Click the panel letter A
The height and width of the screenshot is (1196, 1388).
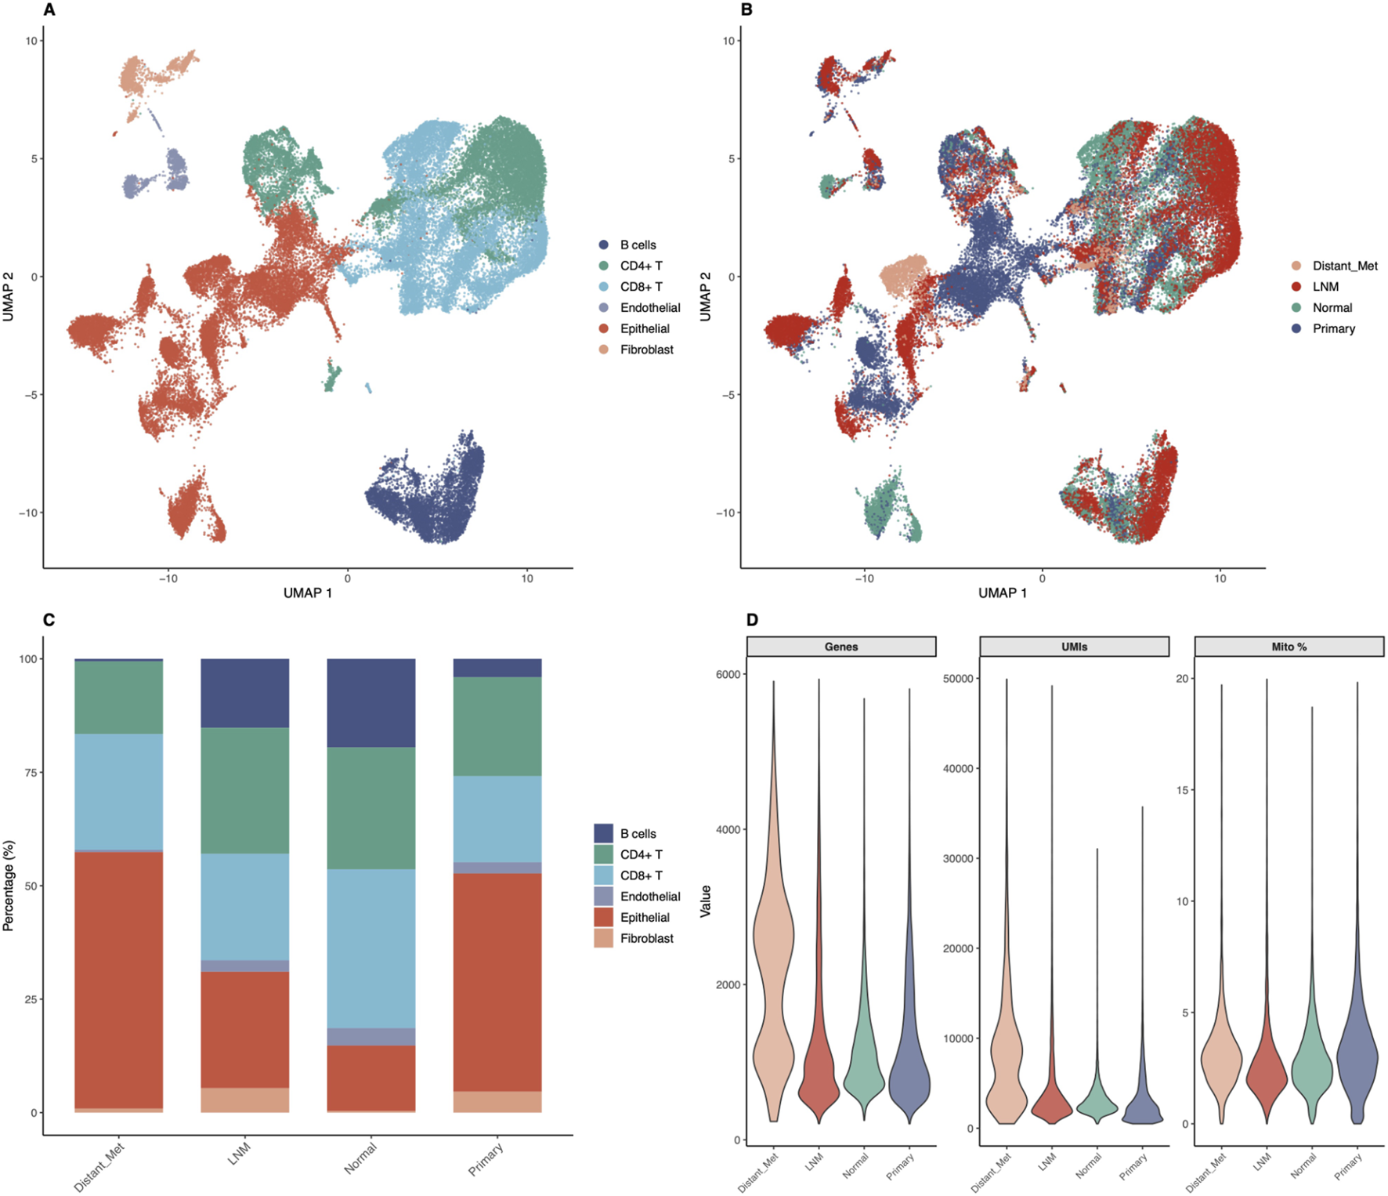49,10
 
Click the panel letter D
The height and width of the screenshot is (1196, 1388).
752,620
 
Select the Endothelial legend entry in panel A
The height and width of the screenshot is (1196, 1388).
649,308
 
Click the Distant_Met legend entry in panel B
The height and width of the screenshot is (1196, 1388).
1344,266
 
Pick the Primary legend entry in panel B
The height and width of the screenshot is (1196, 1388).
1333,328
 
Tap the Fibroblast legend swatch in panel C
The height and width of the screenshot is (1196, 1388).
603,938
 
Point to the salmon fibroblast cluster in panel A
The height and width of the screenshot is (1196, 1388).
149,74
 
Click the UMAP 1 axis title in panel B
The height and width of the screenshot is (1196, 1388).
1002,593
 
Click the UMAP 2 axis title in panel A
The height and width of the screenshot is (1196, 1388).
9,296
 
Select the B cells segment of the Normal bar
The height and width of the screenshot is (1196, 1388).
370,702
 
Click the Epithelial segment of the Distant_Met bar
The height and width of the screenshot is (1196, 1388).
118,980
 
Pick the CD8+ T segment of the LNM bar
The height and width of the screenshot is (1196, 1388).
244,907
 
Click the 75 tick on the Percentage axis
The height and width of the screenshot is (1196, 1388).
31,773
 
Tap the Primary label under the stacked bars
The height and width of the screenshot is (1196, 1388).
486,1159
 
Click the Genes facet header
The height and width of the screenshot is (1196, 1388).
840,647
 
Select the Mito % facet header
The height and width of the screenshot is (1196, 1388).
1289,647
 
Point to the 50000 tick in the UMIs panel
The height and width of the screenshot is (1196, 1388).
957,679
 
